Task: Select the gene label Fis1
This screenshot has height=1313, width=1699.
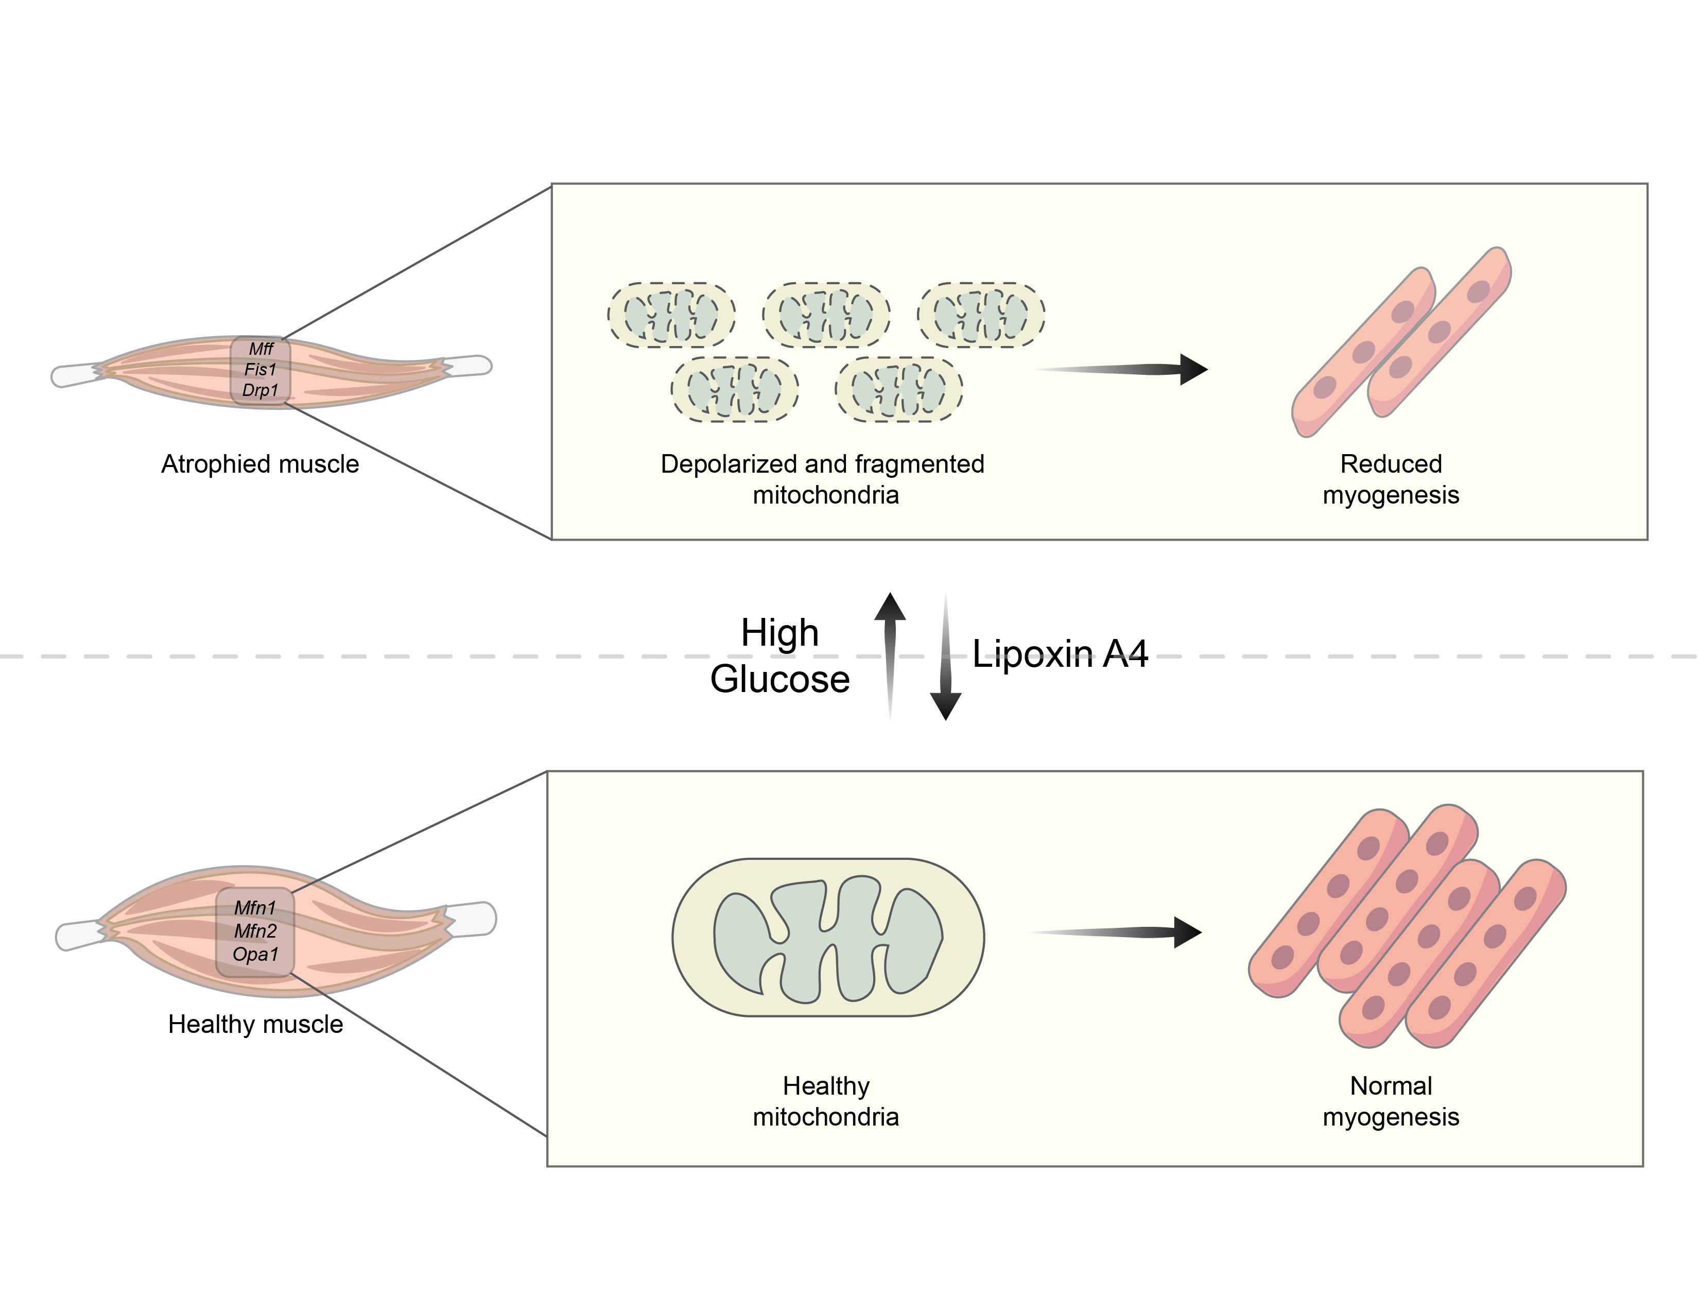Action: click(x=261, y=370)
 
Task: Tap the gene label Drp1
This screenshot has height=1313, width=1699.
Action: click(x=260, y=390)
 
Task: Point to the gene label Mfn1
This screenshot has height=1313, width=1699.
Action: click(x=255, y=908)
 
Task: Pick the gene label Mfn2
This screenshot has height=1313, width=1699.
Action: click(x=255, y=931)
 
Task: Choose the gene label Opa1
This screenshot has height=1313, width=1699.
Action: click(x=255, y=955)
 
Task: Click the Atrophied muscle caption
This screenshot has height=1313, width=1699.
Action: click(x=260, y=464)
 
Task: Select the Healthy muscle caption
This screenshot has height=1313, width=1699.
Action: click(x=255, y=1025)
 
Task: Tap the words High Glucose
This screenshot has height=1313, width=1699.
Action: click(x=779, y=655)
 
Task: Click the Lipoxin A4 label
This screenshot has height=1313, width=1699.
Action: click(x=1060, y=654)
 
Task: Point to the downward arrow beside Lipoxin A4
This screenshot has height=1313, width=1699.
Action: click(x=946, y=661)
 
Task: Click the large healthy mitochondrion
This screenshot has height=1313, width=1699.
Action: click(x=828, y=937)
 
